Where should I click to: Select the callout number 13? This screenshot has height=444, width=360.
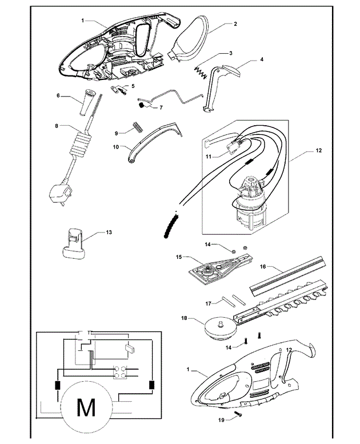pos(109,232)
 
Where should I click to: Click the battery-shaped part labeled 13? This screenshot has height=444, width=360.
pos(73,243)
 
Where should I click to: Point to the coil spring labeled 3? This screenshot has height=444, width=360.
pos(201,73)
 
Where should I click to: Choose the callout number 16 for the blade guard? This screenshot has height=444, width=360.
pos(262,266)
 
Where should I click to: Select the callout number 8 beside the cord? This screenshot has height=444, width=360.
pos(57,126)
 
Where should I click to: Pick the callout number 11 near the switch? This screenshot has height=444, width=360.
pos(209,157)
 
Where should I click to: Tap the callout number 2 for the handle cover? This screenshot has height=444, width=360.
pos(235,24)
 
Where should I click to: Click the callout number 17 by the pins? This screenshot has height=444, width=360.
pos(208,303)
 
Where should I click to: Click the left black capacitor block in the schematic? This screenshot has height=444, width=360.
pos(58,385)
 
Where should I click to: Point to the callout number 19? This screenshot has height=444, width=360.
pos(221,420)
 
